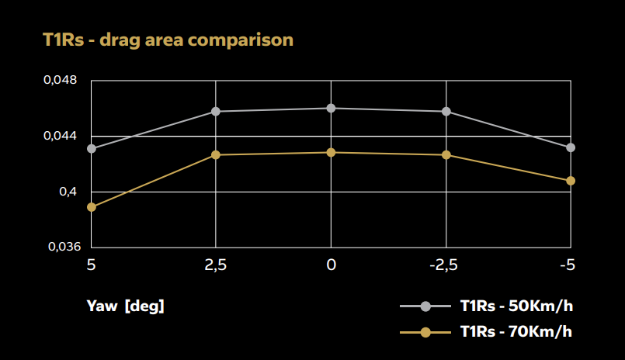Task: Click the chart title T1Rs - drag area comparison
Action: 168,39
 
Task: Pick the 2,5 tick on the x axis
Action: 215,265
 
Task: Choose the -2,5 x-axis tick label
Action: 443,265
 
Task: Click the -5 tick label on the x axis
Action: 567,265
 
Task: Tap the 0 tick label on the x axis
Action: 331,265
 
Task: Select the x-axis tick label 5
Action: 91,265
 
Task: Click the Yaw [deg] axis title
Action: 125,306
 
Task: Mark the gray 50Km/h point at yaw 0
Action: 331,108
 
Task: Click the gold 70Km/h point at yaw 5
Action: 92,207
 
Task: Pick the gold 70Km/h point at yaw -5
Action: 571,181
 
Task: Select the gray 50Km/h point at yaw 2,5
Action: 215,112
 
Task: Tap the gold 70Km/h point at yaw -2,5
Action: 446,155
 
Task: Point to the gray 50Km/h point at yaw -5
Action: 571,147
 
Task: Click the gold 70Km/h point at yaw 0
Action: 331,152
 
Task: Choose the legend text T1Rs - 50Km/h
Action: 516,306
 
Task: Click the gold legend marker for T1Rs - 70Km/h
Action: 425,332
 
